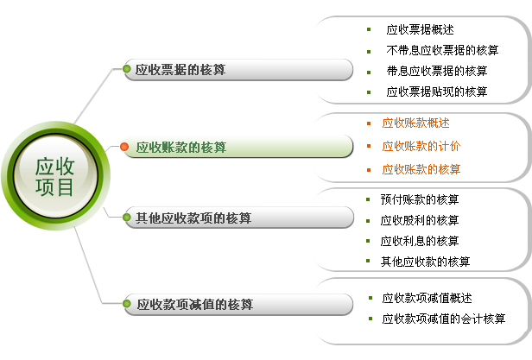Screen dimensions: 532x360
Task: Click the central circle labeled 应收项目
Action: click(x=55, y=176)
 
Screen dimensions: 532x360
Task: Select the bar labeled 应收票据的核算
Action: click(x=238, y=70)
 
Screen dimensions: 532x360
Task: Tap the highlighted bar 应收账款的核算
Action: click(x=238, y=147)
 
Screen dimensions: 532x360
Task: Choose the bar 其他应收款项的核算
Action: click(x=238, y=218)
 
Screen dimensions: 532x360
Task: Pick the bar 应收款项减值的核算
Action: click(x=238, y=305)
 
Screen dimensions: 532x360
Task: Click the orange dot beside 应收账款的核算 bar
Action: click(x=124, y=147)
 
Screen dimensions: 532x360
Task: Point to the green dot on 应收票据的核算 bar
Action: click(x=127, y=69)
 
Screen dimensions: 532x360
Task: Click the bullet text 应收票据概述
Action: click(x=420, y=30)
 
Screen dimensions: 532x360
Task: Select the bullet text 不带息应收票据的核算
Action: click(x=442, y=51)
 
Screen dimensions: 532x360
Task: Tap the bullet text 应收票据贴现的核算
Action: click(x=437, y=92)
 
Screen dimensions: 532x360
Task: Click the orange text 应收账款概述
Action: click(x=415, y=123)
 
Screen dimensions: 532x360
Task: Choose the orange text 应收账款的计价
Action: click(x=421, y=146)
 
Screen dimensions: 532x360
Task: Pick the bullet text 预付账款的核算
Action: click(x=420, y=199)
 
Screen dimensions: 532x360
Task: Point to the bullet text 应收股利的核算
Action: click(x=420, y=220)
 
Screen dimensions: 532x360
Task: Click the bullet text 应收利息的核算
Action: click(x=420, y=241)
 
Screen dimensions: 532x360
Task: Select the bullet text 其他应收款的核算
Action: click(x=425, y=262)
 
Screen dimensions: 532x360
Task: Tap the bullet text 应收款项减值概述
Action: click(x=427, y=298)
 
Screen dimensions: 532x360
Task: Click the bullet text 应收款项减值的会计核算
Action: click(x=444, y=319)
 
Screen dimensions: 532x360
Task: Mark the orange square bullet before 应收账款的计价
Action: click(x=369, y=146)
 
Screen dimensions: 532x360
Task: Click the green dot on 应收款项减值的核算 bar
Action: click(x=127, y=304)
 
